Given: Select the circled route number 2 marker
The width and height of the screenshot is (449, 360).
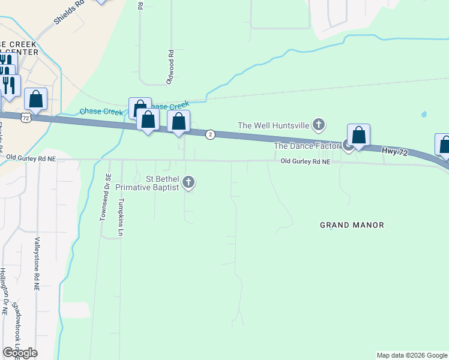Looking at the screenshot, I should pos(210,134).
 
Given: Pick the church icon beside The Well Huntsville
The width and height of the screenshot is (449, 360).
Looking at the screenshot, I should pos(319,125).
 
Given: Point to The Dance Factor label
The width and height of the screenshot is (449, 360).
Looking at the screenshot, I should pos(307,146).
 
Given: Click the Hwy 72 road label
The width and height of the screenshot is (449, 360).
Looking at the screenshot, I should pos(395,153).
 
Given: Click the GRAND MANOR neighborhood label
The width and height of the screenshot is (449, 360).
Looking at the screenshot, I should pos(352,225).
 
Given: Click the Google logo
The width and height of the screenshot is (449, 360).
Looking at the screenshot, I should pos(20,352).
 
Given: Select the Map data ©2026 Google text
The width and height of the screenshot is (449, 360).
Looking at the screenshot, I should pos(411,355).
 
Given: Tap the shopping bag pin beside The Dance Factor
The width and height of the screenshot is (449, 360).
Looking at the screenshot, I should pos(358,135).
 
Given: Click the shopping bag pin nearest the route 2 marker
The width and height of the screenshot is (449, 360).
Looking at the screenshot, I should pos(178,121).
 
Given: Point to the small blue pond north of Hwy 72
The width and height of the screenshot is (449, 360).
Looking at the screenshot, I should pos(424,114).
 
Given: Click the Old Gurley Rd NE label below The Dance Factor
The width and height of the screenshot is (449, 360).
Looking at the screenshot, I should pos(306,162).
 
